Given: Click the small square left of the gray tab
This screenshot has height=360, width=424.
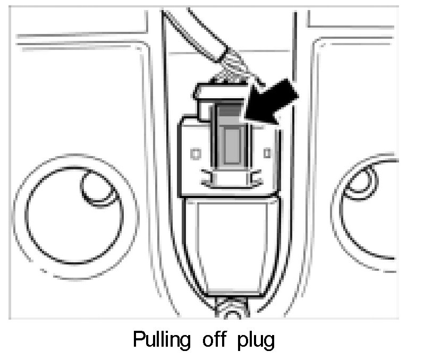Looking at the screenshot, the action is [195, 153].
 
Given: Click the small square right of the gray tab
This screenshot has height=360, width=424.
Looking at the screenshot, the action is [267, 153].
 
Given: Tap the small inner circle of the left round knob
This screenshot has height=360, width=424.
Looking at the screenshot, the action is [96, 187].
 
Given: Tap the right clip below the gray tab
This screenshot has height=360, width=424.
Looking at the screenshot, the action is [253, 178].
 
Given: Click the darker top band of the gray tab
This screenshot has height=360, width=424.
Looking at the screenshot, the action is [230, 112].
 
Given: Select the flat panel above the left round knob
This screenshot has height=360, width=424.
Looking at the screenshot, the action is [74, 96].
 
